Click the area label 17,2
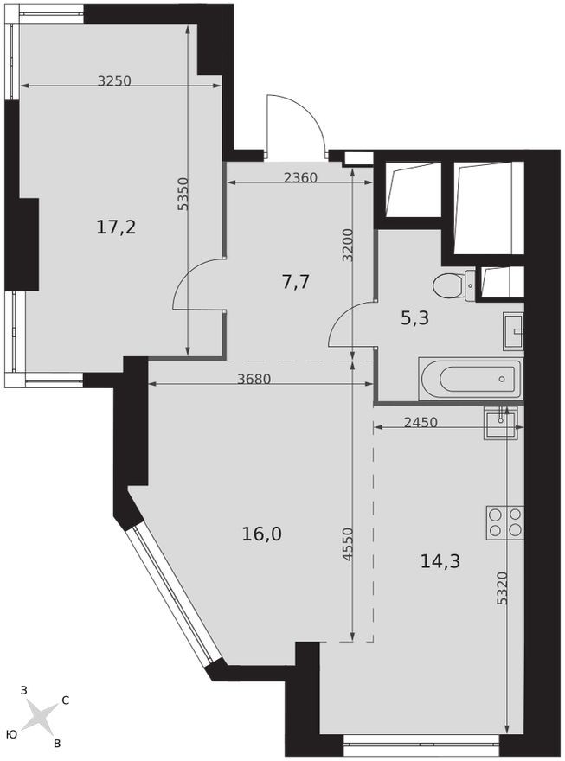[x=116, y=227]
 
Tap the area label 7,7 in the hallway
[x=296, y=281]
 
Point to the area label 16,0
[x=262, y=534]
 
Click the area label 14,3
[x=440, y=560]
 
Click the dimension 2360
[x=300, y=178]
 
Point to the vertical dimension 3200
[x=347, y=245]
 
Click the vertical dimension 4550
[x=347, y=545]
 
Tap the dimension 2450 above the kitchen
[x=420, y=422]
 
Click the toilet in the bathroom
[x=453, y=285]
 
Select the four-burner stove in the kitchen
[x=504, y=521]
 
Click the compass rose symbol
[x=39, y=716]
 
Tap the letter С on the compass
[x=66, y=700]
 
